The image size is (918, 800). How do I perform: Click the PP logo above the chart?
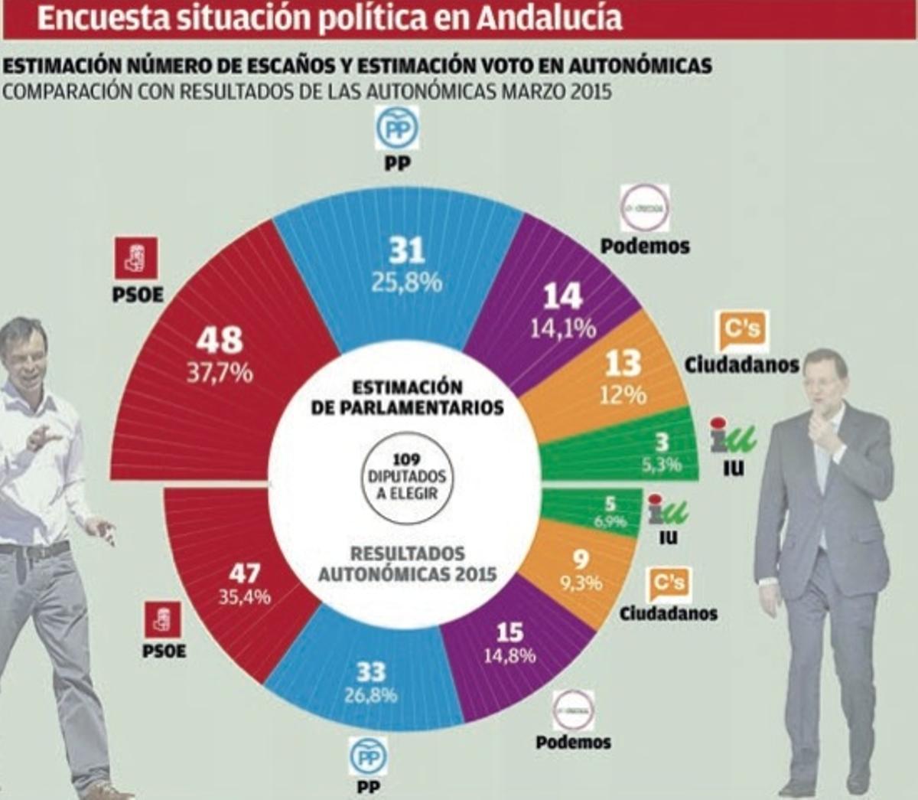point(397,129)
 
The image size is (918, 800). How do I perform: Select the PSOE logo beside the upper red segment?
point(136,258)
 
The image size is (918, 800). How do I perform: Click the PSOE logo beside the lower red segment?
point(163,620)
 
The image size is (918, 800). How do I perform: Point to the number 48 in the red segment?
point(219,340)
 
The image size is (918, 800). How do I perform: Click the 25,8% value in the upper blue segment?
point(406,282)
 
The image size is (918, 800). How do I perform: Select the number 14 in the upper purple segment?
point(563,296)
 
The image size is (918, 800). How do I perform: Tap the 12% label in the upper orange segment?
point(624,394)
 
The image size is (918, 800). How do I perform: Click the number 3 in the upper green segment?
point(662,442)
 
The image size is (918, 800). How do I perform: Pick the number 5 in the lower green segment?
point(610,504)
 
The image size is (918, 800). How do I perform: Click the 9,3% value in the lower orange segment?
point(581,583)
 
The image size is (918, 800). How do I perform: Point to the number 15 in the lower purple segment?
point(509,632)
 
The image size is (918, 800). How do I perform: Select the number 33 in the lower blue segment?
point(371,672)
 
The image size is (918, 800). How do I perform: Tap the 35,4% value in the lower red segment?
point(244,597)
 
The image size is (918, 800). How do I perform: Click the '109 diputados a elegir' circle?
point(406,475)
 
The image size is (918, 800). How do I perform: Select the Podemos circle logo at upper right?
point(644,207)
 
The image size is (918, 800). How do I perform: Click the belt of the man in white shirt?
point(34,549)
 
